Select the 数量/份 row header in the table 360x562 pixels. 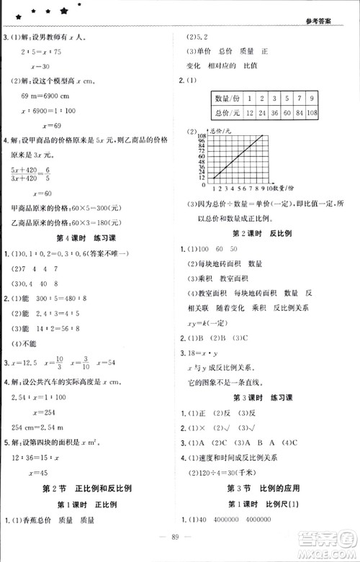[x=226, y=98]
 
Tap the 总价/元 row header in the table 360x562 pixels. [x=226, y=114]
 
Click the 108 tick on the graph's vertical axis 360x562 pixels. [x=201, y=136]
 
